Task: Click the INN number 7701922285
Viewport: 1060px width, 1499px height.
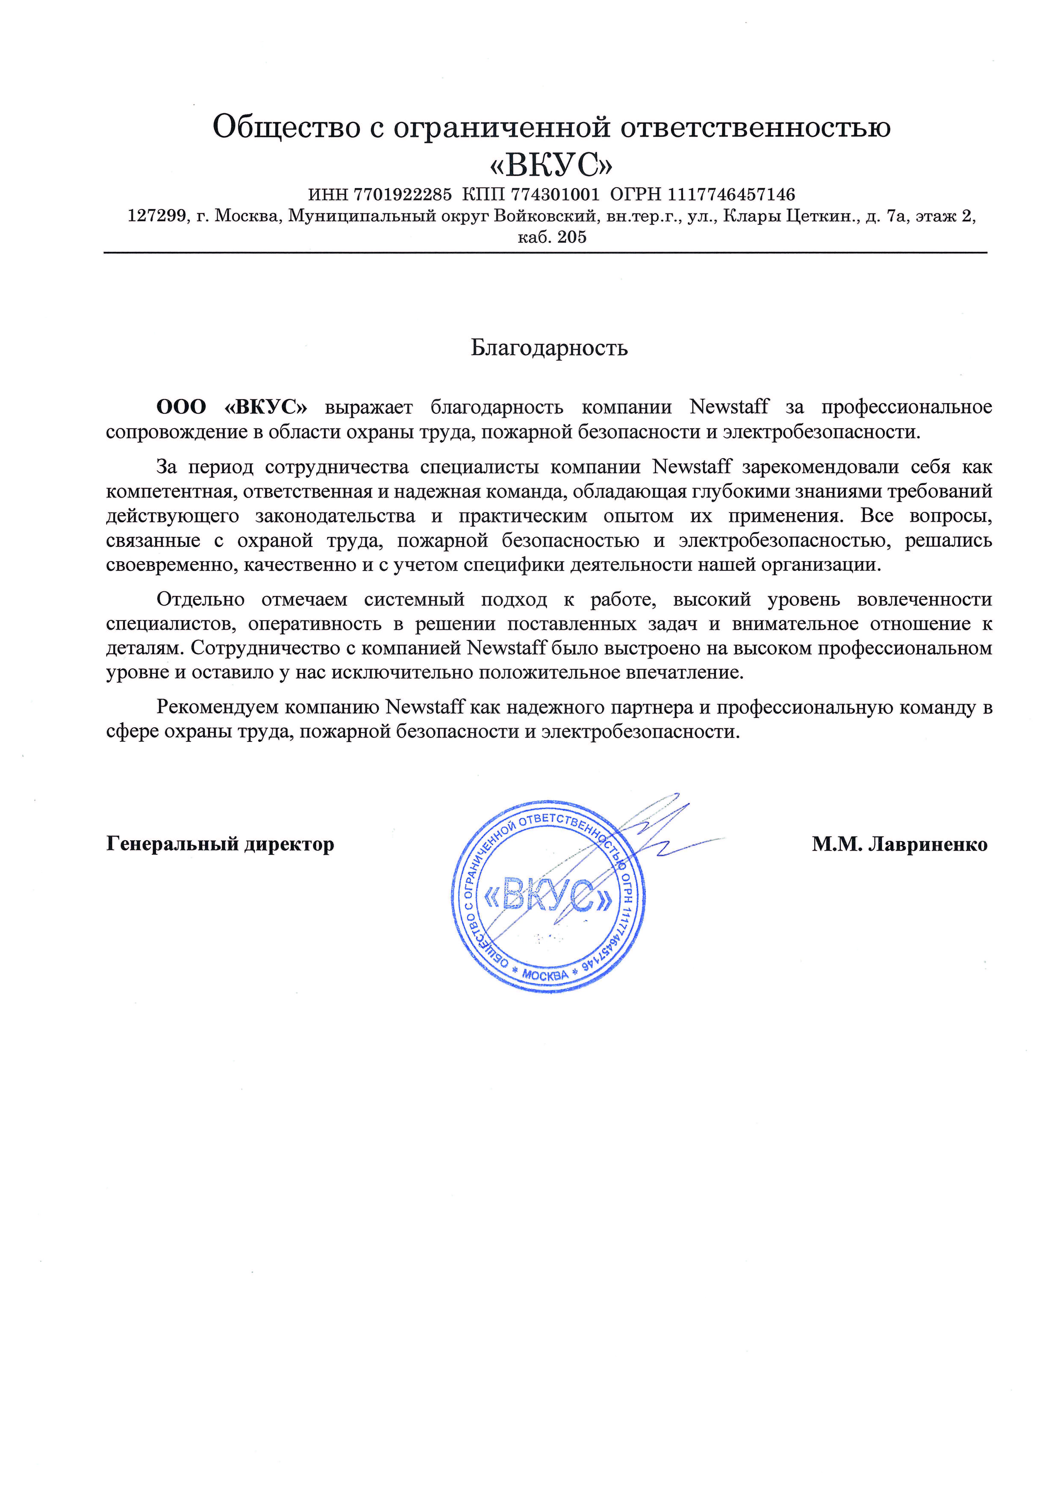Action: [402, 194]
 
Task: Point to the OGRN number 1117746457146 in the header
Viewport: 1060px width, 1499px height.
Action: [731, 194]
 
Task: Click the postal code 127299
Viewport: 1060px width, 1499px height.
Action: [157, 216]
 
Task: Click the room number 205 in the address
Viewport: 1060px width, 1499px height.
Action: [572, 237]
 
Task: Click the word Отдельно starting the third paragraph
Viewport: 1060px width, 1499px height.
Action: [200, 599]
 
